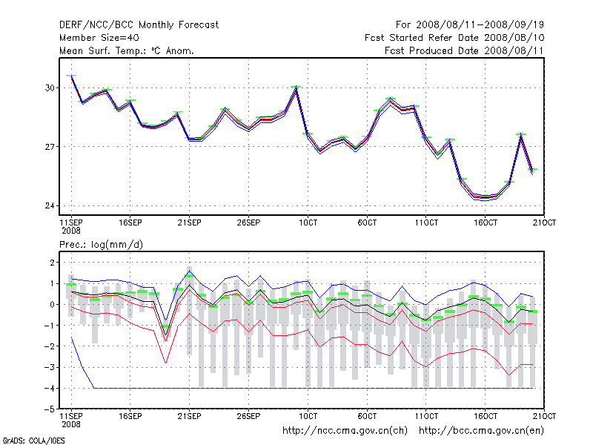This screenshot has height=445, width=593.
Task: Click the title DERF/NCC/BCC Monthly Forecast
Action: point(139,24)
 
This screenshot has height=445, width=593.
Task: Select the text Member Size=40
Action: point(99,37)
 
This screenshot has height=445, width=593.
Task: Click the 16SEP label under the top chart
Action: point(130,222)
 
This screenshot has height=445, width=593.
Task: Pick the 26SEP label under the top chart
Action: point(248,222)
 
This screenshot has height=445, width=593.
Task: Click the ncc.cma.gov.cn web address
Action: point(345,430)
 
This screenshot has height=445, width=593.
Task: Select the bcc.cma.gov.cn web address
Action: point(482,430)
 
